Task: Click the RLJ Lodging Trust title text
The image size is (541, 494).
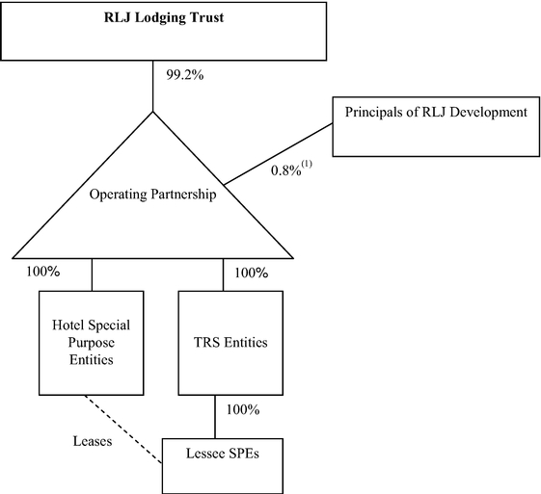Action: [164, 17]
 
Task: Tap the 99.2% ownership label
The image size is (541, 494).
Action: [185, 75]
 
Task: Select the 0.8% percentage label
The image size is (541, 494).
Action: [286, 170]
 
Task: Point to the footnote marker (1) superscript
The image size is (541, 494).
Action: [307, 165]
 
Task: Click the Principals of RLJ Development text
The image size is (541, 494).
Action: [436, 113]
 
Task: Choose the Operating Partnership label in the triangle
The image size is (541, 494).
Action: [152, 195]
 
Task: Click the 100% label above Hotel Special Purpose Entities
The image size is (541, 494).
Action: [43, 272]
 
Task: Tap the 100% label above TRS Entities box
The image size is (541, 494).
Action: [252, 273]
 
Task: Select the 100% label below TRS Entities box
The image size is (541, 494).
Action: [243, 409]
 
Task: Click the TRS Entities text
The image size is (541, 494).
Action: [230, 343]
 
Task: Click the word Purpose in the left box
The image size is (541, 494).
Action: [91, 343]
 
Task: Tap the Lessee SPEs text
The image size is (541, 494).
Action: [223, 454]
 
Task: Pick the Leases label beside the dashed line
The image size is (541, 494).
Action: [93, 441]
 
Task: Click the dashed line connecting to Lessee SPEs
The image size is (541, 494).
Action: [123, 429]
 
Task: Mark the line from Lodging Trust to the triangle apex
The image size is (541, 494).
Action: [152, 86]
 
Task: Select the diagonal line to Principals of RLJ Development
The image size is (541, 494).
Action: [278, 154]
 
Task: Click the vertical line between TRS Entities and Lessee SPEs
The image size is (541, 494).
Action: [215, 417]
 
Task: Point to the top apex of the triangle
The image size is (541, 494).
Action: [152, 112]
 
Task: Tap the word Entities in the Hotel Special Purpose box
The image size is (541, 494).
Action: [91, 359]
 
